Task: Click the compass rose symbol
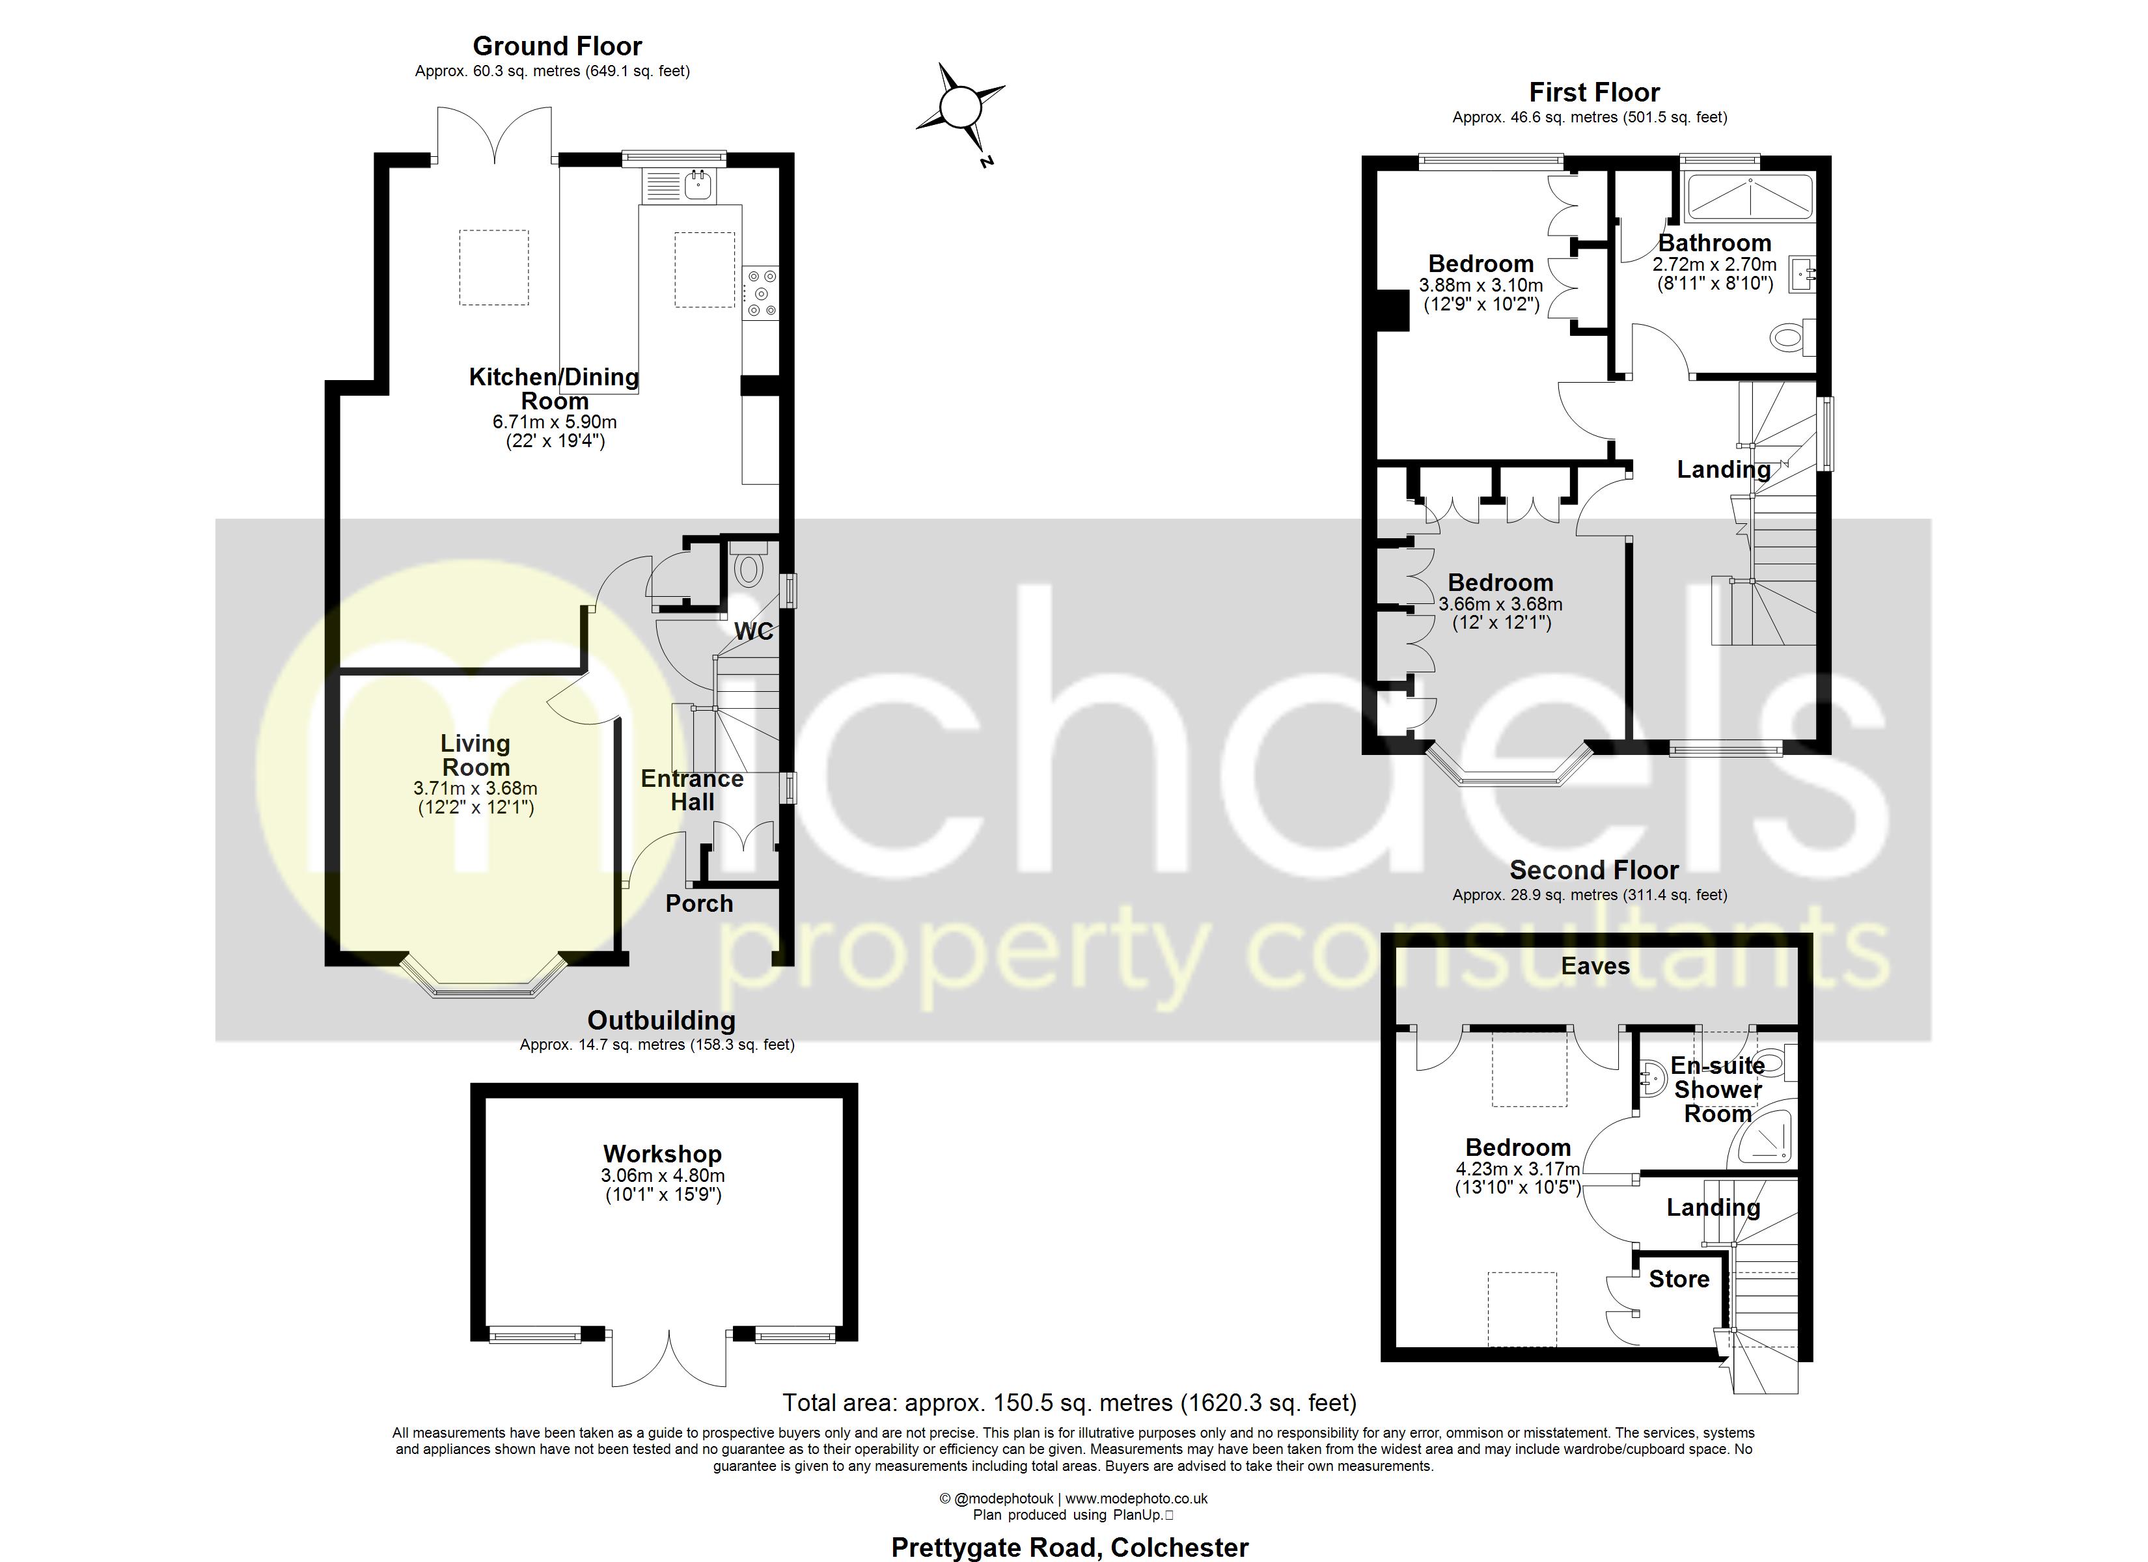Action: [x=959, y=106]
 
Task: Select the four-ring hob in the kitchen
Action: [x=760, y=293]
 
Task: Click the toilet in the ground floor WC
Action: [x=748, y=568]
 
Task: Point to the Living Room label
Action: [x=475, y=755]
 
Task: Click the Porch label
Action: [x=699, y=903]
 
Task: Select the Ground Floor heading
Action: [x=557, y=46]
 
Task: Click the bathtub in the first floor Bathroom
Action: [x=1750, y=197]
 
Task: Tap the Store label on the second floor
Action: [x=1678, y=1279]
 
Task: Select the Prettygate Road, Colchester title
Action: [x=1069, y=1548]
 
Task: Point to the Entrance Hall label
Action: [x=693, y=790]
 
